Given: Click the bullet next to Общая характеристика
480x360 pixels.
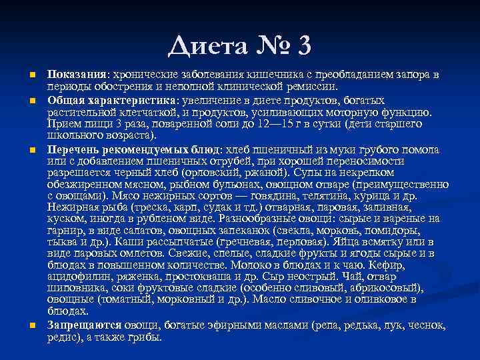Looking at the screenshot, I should pos(31,100).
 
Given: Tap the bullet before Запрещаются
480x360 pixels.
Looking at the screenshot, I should pos(31,325).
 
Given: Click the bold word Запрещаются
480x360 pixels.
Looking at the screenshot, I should pos(84,325).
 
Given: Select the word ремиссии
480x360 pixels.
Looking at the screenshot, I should pos(315,86).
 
